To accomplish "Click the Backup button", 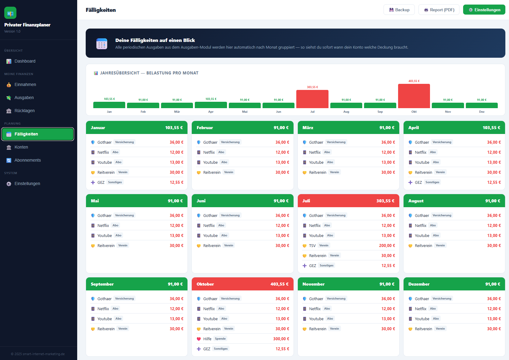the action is tap(399, 10).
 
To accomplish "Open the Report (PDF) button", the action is tap(439, 10).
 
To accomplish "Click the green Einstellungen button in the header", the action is tap(484, 10).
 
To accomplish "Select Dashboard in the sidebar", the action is tap(25, 61).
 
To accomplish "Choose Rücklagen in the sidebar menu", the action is tap(25, 111).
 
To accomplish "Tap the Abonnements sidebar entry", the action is tap(27, 160).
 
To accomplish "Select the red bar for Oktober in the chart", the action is tap(414, 96).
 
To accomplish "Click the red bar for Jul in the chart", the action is tap(312, 99).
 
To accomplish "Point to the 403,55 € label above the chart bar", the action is tap(414, 81).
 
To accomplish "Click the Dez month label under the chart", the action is tap(482, 112).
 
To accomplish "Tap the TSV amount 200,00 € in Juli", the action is tap(387, 245).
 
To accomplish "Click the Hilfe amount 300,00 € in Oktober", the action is tap(281, 339).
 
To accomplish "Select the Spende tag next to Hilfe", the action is tap(220, 339).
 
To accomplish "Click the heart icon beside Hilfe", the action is tap(199, 339).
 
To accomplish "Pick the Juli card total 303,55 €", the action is tap(385, 201).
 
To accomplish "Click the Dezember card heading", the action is tap(419, 284).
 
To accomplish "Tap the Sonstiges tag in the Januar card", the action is tap(115, 182).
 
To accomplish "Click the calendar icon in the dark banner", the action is tap(102, 44).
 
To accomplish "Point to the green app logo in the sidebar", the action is tap(10, 13).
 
